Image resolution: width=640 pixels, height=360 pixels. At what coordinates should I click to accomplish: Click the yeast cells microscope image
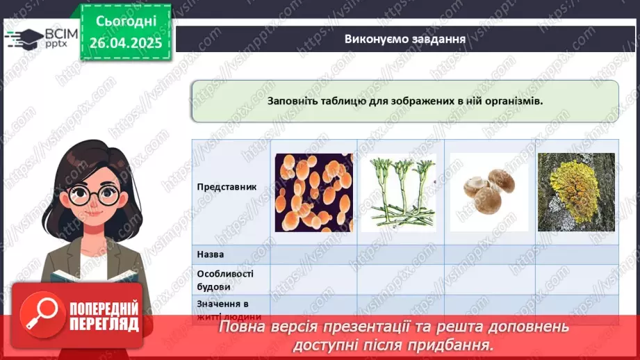[x=313, y=193]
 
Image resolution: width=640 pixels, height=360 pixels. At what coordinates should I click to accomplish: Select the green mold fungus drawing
[x=398, y=193]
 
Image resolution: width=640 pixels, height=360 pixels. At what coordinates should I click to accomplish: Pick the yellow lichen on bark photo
[x=575, y=192]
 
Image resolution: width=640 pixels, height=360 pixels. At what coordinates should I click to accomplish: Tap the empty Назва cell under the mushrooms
[x=488, y=255]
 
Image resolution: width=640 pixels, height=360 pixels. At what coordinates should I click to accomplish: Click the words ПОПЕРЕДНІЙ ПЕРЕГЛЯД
[x=104, y=317]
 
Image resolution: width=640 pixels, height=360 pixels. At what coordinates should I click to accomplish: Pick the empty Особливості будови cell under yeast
[x=313, y=279]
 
